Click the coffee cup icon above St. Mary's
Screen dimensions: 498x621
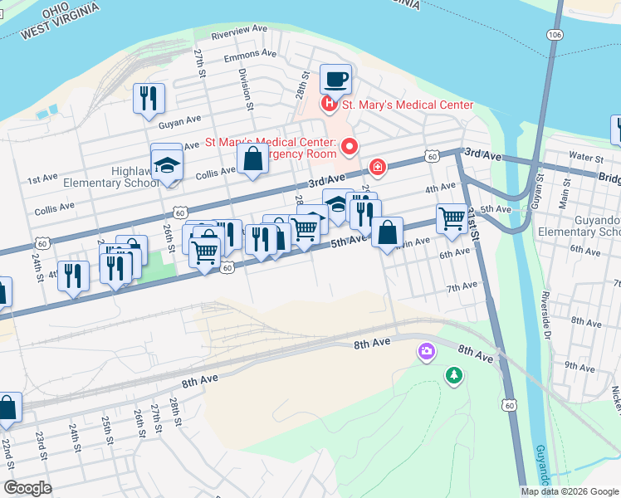coord(335,80)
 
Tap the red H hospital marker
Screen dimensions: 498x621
coord(330,105)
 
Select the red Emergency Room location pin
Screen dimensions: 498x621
coord(350,147)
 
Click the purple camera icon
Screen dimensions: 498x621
coord(427,352)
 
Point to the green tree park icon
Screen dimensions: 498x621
coord(453,376)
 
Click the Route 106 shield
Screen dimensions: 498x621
coord(555,34)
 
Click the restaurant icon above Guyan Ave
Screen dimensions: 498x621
coord(149,97)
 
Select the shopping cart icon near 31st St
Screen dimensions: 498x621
coord(451,218)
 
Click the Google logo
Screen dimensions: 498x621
coord(27,488)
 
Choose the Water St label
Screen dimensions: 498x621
coord(586,156)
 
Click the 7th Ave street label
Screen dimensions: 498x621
coord(462,286)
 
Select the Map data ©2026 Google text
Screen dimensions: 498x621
coord(570,491)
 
